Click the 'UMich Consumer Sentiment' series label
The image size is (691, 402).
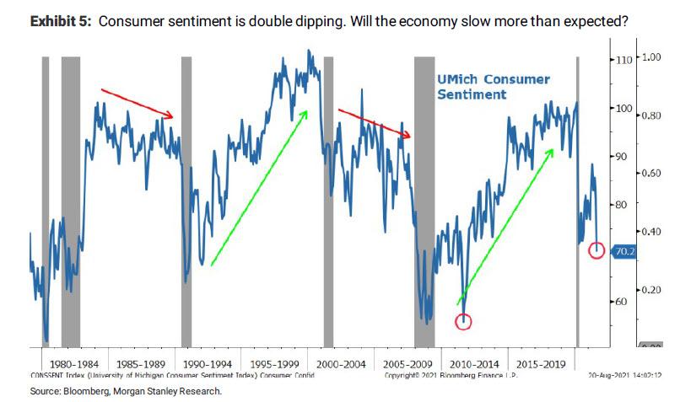coord(493,87)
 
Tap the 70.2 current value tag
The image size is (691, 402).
coord(625,251)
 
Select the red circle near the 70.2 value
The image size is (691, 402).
coord(597,250)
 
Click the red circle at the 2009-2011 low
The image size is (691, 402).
coord(463,320)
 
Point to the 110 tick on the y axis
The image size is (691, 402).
coord(624,61)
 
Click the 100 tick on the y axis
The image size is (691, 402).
coord(624,109)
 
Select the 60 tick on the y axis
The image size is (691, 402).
coord(621,301)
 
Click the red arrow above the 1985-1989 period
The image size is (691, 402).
coord(137,102)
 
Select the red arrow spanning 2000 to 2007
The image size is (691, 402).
coord(374,122)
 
